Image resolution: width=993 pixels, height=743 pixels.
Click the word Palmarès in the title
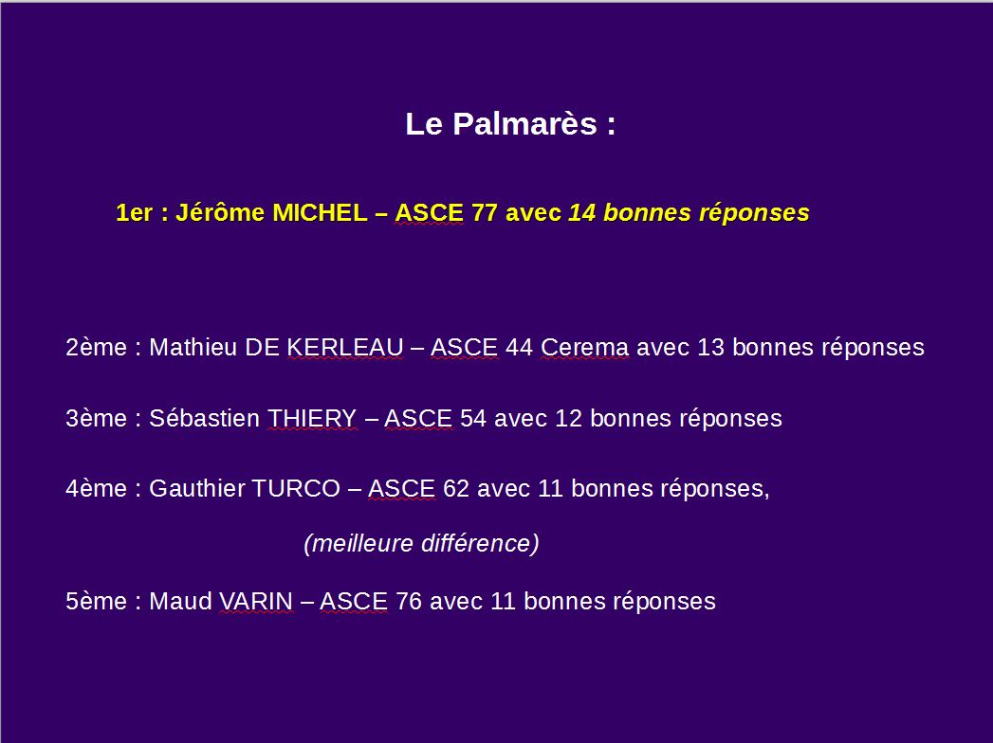pyautogui.click(x=525, y=123)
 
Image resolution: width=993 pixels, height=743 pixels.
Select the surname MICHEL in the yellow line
pyautogui.click(x=320, y=212)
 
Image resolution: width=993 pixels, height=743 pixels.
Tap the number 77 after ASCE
pyautogui.click(x=485, y=212)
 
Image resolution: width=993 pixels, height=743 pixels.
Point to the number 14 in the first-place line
pyautogui.click(x=582, y=212)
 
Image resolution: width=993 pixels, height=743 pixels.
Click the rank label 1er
pyautogui.click(x=135, y=212)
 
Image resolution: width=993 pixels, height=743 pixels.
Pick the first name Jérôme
pyautogui.click(x=220, y=212)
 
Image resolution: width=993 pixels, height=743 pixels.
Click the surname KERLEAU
pyautogui.click(x=345, y=348)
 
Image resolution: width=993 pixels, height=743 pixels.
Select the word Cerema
pyautogui.click(x=584, y=348)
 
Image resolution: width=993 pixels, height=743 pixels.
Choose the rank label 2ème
pyautogui.click(x=96, y=348)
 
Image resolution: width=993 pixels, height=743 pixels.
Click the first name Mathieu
pyautogui.click(x=193, y=348)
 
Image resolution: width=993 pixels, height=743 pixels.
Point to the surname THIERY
pyautogui.click(x=312, y=418)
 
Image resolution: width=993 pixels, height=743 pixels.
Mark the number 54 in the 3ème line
pyautogui.click(x=473, y=418)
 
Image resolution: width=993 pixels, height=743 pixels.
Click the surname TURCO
pyautogui.click(x=296, y=489)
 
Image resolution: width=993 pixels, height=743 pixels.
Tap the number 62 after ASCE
pyautogui.click(x=456, y=489)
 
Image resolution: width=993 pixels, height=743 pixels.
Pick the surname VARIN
pyautogui.click(x=256, y=601)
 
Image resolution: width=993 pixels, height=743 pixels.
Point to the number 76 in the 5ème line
pyautogui.click(x=409, y=601)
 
